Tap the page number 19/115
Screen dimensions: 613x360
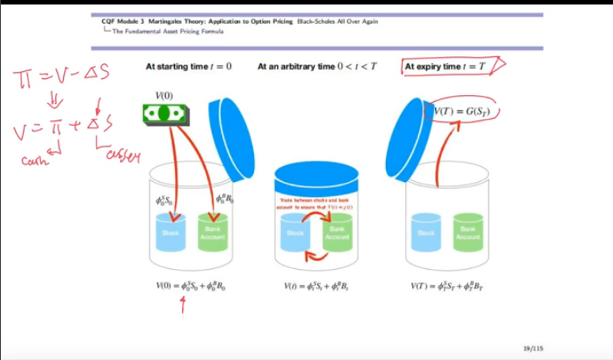tap(534, 349)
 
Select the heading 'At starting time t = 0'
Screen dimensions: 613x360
tap(189, 66)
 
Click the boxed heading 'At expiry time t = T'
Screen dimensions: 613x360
tap(445, 66)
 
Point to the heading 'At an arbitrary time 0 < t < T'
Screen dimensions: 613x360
tap(317, 66)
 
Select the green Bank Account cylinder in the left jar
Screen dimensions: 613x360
tap(212, 233)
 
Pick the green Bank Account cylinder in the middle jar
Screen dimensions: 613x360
tap(337, 234)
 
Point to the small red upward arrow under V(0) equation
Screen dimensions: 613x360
tap(184, 305)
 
